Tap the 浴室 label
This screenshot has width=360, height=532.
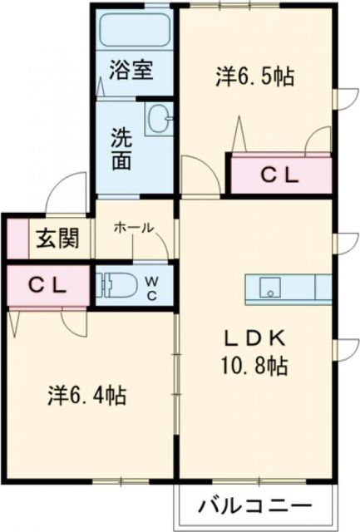tap(131, 71)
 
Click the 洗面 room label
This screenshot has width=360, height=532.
tap(122, 147)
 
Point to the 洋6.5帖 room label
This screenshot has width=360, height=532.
tap(254, 76)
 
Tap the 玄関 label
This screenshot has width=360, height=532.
tap(57, 239)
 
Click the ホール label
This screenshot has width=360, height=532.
tap(132, 227)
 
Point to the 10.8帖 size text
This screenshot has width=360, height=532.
tap(255, 364)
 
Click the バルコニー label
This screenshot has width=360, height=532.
tap(254, 506)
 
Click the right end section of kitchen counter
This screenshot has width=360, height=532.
tap(323, 288)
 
